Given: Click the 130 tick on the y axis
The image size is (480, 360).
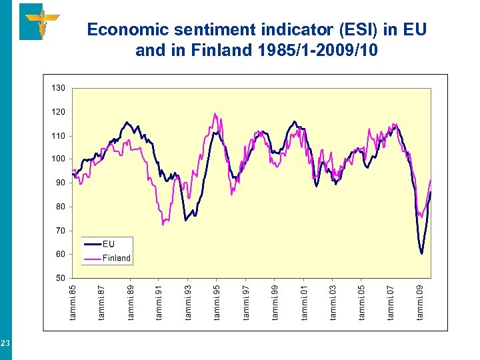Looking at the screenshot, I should (x=59, y=88).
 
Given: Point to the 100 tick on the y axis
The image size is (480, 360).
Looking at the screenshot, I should (x=59, y=159).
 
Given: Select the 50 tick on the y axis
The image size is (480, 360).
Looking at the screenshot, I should (x=61, y=278).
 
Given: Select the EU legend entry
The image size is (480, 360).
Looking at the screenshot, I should (x=108, y=244).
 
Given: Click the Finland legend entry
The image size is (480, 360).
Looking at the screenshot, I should (x=116, y=258).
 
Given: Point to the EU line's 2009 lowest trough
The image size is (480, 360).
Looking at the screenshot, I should (x=421, y=253).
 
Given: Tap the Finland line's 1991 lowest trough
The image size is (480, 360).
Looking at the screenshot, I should (x=163, y=224).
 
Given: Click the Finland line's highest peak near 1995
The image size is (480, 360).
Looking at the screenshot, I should (x=215, y=113).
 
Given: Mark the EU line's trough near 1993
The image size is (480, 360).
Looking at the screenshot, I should (x=186, y=220).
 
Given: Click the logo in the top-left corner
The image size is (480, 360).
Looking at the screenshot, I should (x=39, y=21).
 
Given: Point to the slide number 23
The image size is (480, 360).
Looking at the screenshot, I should (x=5, y=343).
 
